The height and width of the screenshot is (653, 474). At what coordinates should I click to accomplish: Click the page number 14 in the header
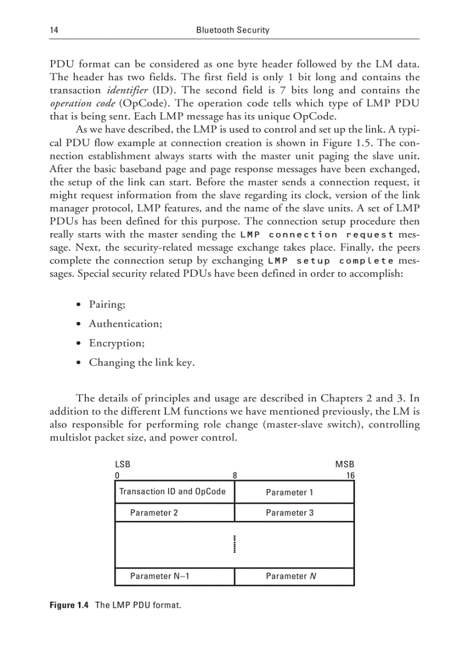pyautogui.click(x=53, y=30)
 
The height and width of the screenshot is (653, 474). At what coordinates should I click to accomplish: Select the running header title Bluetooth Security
pyautogui.click(x=232, y=30)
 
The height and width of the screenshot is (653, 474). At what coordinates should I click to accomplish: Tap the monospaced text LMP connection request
pyautogui.click(x=316, y=235)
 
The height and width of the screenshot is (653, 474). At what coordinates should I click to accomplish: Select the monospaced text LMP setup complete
pyautogui.click(x=330, y=261)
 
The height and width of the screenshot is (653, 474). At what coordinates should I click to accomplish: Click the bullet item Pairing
pyautogui.click(x=107, y=304)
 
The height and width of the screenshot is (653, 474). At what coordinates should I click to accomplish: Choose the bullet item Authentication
pyautogui.click(x=125, y=323)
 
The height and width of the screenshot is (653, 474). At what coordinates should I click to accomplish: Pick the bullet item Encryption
pyautogui.click(x=116, y=343)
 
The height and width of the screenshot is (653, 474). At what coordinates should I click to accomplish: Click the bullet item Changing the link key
pyautogui.click(x=141, y=362)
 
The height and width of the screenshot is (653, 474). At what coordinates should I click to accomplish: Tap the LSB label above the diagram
pyautogui.click(x=123, y=465)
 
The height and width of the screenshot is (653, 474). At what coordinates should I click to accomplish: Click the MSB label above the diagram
pyautogui.click(x=344, y=465)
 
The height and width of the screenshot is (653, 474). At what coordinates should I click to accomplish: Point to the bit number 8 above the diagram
pyautogui.click(x=235, y=475)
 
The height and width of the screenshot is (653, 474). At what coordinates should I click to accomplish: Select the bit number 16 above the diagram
pyautogui.click(x=350, y=475)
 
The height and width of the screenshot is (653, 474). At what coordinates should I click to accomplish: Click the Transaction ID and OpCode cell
pyautogui.click(x=173, y=492)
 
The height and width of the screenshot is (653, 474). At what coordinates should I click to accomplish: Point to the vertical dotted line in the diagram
pyautogui.click(x=235, y=545)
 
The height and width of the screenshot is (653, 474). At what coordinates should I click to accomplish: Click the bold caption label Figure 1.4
pyautogui.click(x=69, y=605)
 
